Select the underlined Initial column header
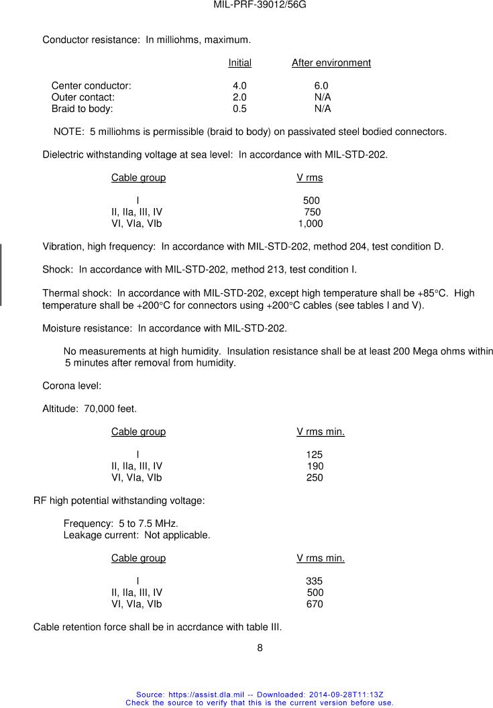pyautogui.click(x=239, y=63)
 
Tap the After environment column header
pyautogui.click(x=331, y=63)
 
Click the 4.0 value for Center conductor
pyautogui.click(x=239, y=86)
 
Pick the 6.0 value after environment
pyautogui.click(x=321, y=86)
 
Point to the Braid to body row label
pyautogui.click(x=83, y=109)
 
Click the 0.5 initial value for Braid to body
pyautogui.click(x=239, y=109)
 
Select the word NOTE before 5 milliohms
pyautogui.click(x=68, y=132)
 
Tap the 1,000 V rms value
pyautogui.click(x=311, y=223)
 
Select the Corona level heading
pyautogui.click(x=72, y=386)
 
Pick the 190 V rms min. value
pyautogui.click(x=315, y=466)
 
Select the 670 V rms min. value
pyautogui.click(x=314, y=604)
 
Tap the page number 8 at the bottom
pyautogui.click(x=260, y=648)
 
